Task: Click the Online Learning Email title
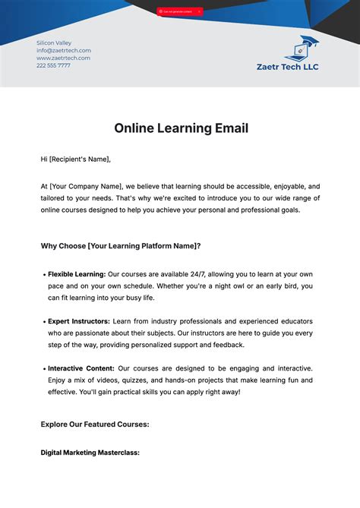(181, 128)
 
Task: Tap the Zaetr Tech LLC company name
(288, 67)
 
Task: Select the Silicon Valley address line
(54, 43)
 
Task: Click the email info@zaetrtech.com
(64, 51)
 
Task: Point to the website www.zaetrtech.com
(63, 58)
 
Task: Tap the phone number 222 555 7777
(53, 65)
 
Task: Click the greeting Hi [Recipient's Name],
(76, 159)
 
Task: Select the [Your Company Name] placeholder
(86, 185)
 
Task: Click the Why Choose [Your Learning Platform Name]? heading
(120, 246)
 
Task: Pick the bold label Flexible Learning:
(77, 273)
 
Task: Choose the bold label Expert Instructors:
(79, 320)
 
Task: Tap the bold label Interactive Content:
(80, 368)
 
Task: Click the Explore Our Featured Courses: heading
(95, 424)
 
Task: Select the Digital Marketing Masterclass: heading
(90, 453)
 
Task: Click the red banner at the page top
(179, 11)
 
